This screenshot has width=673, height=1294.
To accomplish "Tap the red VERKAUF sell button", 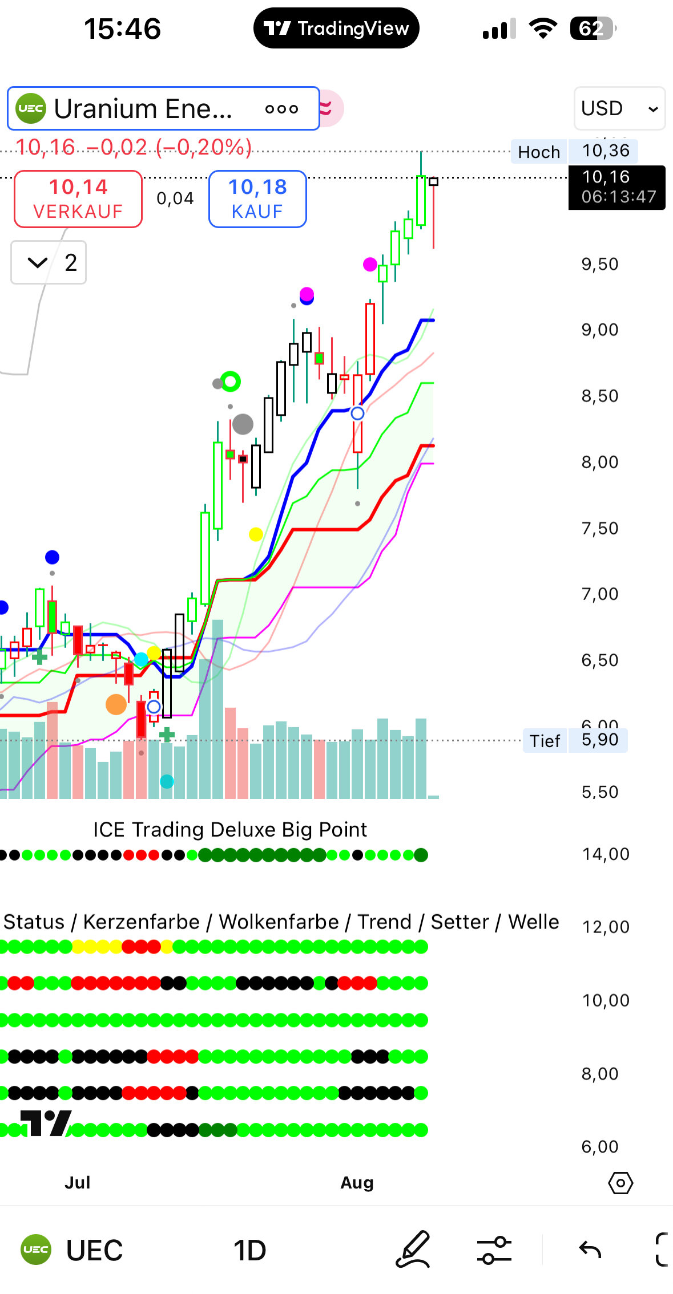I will click(x=78, y=198).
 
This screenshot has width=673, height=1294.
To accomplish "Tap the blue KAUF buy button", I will click(x=257, y=198).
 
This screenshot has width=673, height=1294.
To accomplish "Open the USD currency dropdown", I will click(x=619, y=108).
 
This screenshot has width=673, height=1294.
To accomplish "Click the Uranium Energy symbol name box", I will click(x=163, y=108).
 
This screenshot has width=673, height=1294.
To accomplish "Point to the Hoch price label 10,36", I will click(x=606, y=151).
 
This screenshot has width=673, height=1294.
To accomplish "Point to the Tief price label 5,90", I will click(x=599, y=740).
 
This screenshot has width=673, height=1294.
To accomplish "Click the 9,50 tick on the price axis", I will click(x=599, y=264).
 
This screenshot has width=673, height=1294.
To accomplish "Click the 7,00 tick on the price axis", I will click(x=599, y=594).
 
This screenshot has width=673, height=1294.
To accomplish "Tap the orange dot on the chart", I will click(x=116, y=704).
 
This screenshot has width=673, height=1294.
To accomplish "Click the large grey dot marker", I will click(x=243, y=424).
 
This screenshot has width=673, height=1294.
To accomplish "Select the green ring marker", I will click(x=231, y=381).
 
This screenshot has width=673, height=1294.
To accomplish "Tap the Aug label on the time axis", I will click(x=357, y=1183).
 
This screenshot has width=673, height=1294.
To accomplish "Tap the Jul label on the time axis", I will click(x=78, y=1183).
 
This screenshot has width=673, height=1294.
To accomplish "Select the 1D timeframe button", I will click(x=249, y=1251).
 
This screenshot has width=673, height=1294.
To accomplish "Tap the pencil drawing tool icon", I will click(x=413, y=1250).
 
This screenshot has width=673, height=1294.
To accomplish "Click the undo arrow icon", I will click(x=590, y=1250).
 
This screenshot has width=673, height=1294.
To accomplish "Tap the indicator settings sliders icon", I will click(x=494, y=1250).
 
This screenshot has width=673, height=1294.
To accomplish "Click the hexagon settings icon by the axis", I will click(x=620, y=1183).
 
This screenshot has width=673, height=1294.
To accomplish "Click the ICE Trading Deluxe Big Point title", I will click(x=229, y=830).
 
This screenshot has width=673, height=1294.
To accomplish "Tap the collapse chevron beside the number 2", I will click(x=38, y=263).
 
